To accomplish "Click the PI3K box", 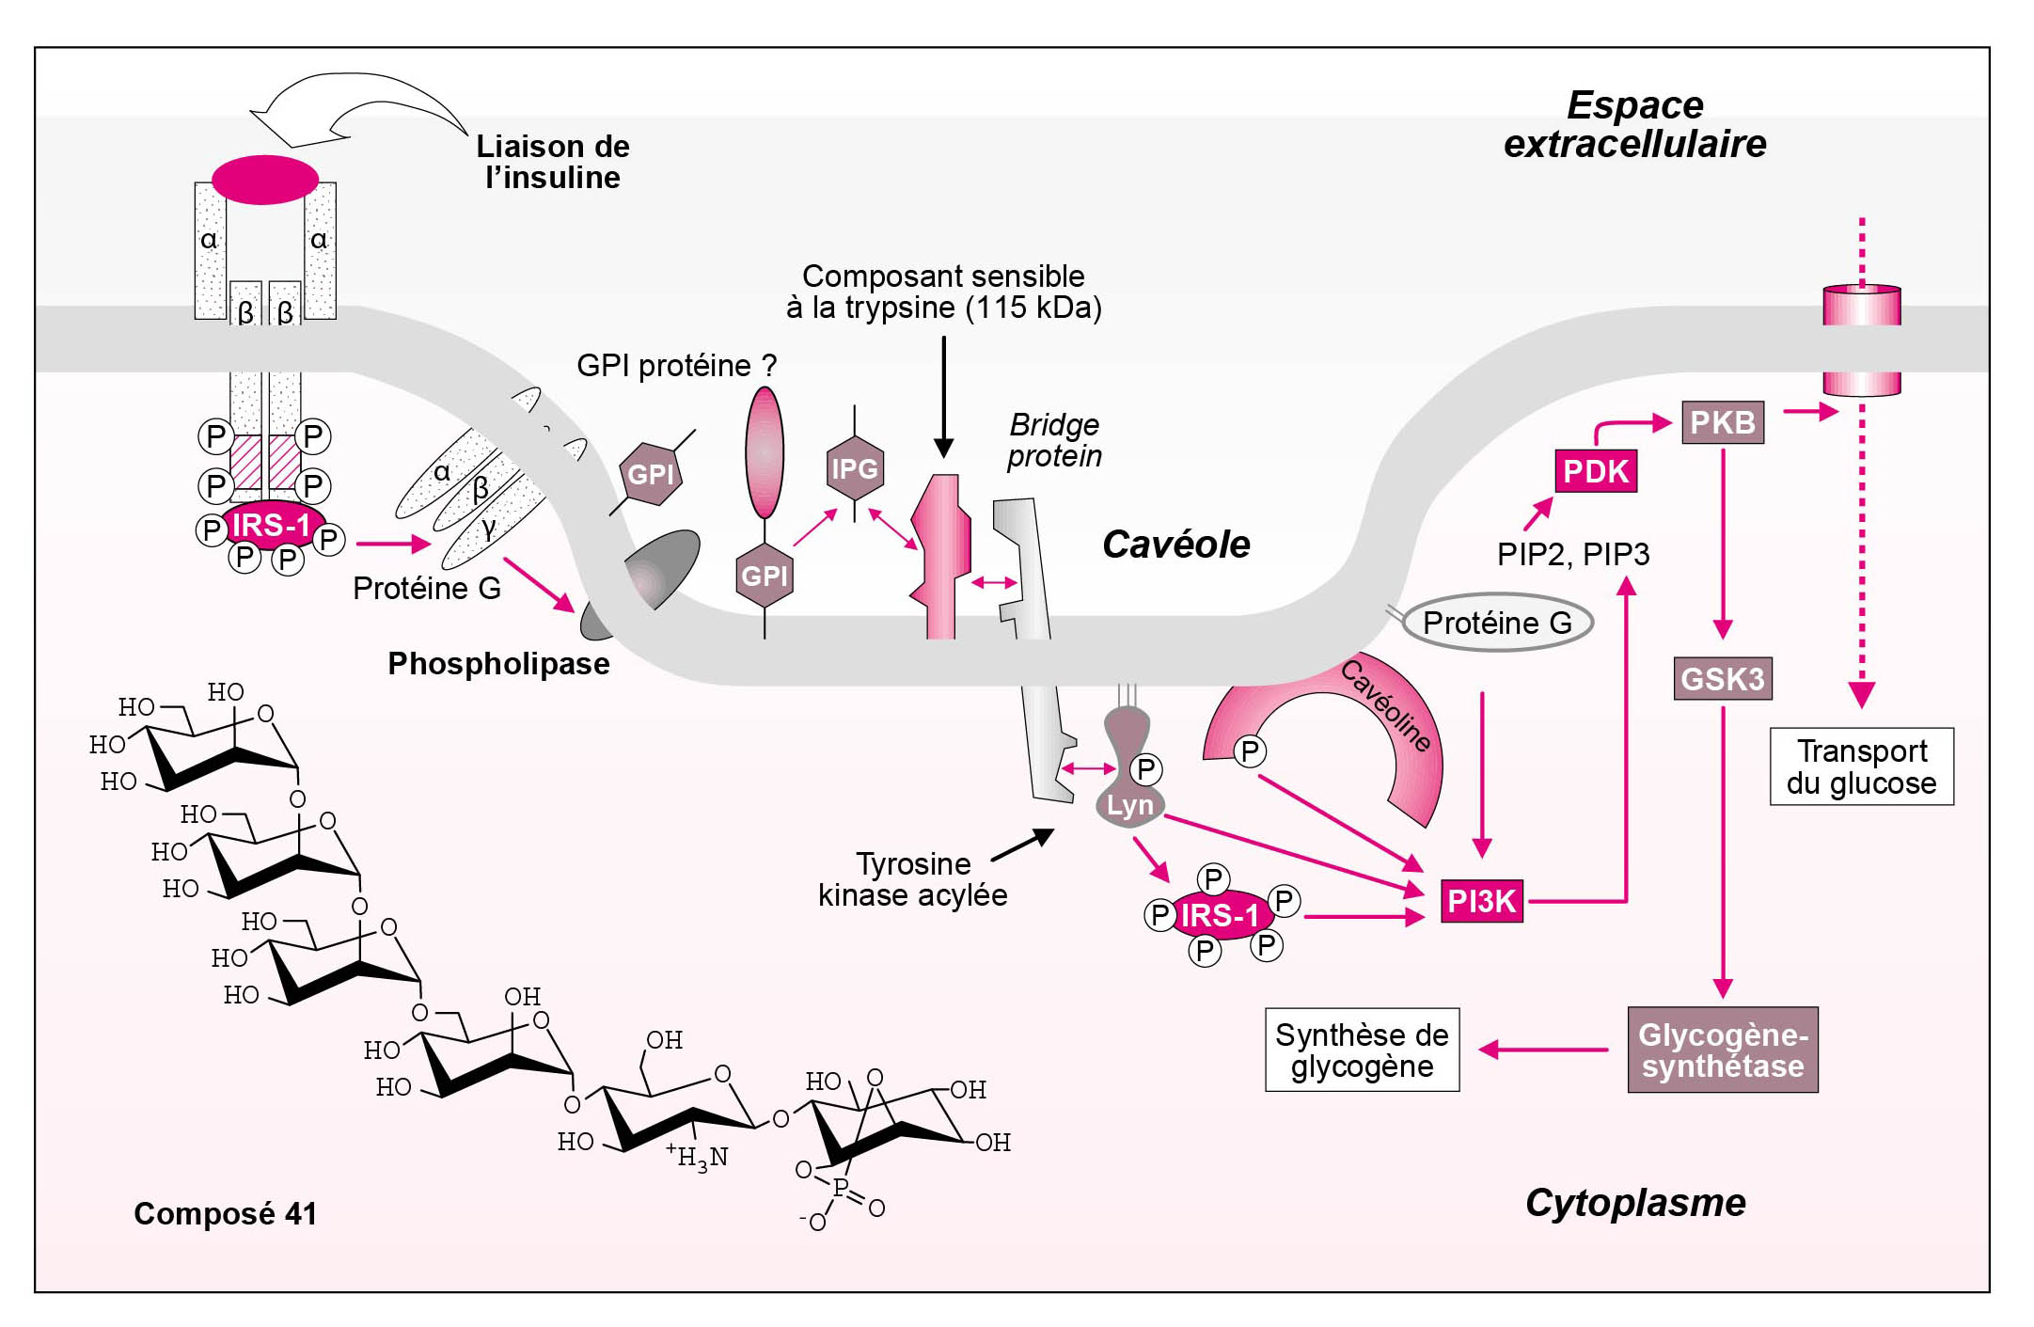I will pos(1481,901).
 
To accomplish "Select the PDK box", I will pos(1595,471).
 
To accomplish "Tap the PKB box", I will pos(1722,422).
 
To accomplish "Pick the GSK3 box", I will pos(1722,678).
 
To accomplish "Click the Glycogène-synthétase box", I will pos(1723,1050).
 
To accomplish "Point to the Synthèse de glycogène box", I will pos(1362,1050).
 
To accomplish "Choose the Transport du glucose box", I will pos(1861,766).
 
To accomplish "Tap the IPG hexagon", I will pos(854,467).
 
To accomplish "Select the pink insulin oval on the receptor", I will pos(264,180).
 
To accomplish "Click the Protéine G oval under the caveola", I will pos(1497,622).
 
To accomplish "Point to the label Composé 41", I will pos(225,1213).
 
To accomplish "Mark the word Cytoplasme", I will pos(1635,1203).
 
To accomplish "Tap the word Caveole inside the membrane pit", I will pos(1175,545).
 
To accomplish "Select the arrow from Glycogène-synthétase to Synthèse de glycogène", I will pos(1542,1050).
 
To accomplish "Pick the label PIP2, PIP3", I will pos(1572,554).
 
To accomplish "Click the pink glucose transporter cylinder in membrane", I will pos(1861,340).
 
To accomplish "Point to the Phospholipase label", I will pos(498,664).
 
